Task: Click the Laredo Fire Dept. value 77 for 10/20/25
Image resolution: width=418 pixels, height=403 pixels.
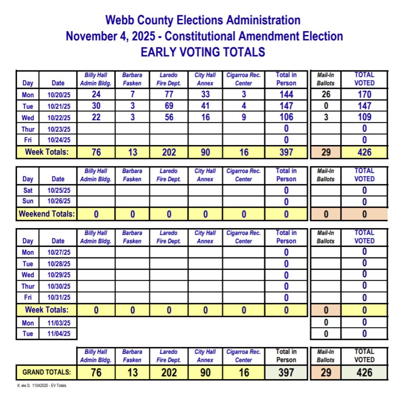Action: [169, 95]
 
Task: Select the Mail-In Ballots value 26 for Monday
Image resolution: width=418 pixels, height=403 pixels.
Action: [326, 95]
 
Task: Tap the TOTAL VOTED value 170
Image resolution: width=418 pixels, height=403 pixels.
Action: [364, 95]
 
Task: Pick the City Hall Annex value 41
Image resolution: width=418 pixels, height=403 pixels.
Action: [205, 106]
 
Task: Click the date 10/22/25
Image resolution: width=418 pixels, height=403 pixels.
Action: [58, 118]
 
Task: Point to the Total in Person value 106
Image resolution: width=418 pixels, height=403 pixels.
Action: [286, 117]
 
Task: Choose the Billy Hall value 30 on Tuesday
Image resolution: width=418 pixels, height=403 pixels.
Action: [96, 106]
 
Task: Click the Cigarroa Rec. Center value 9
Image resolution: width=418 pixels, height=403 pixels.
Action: [244, 117]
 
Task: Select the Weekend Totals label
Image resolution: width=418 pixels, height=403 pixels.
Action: [46, 214]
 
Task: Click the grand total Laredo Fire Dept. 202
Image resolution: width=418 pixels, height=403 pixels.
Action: [169, 373]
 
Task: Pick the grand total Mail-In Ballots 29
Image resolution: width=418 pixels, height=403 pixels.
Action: [326, 373]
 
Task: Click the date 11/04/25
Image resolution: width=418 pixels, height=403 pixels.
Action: [58, 334]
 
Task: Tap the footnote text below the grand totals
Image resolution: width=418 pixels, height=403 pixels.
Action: [42, 386]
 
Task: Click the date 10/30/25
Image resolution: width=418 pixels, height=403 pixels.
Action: [58, 286]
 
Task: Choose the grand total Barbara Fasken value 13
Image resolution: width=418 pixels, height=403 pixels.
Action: [132, 373]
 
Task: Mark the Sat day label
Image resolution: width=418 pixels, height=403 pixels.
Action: [28, 191]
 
